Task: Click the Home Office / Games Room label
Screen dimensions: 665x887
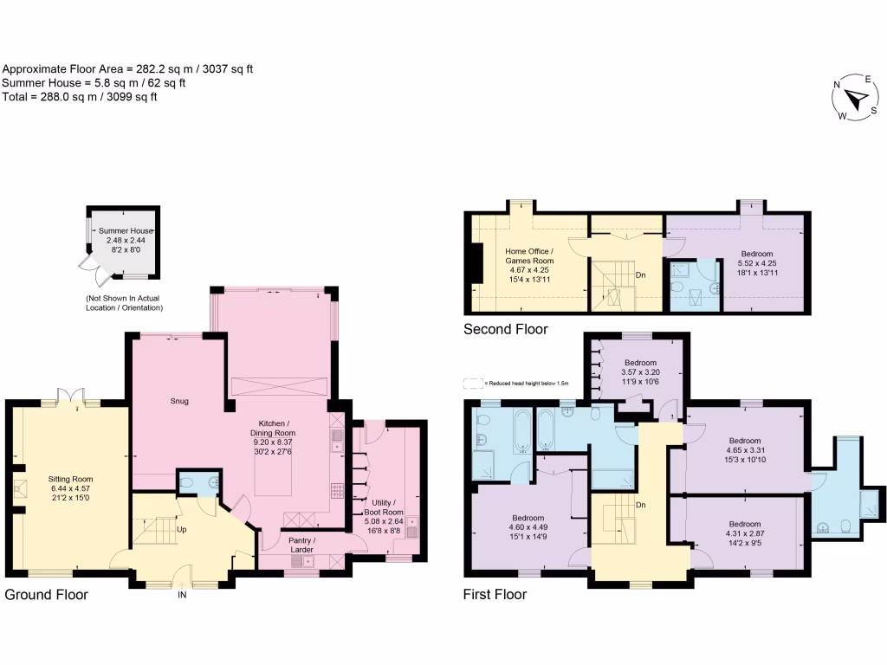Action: (529, 266)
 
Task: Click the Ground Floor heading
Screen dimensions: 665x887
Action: (47, 595)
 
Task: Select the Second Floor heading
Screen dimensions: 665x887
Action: (506, 329)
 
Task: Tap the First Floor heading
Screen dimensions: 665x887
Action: (495, 595)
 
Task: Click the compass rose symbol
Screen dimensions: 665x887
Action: (856, 100)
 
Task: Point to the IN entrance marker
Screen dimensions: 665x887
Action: (183, 595)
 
